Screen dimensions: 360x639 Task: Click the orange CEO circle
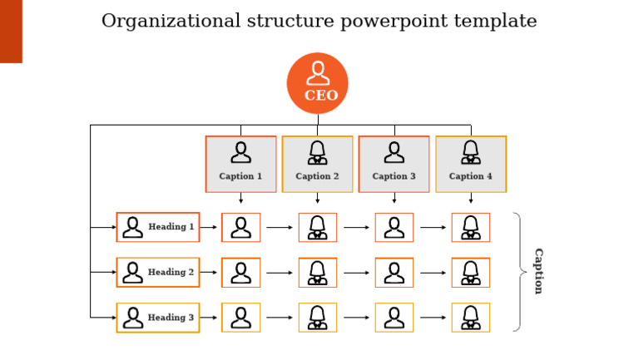[x=317, y=83]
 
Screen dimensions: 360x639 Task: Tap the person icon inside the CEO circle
[x=317, y=73]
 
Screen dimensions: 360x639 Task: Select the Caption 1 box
[x=240, y=164]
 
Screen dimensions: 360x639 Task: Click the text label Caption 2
[x=317, y=176]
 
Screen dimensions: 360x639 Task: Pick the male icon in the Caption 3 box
[x=394, y=152]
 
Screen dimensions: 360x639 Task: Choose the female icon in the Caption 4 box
[x=470, y=152]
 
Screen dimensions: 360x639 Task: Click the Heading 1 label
[x=171, y=227]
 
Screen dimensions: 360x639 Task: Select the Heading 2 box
[x=158, y=272]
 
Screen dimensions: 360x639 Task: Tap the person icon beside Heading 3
[x=132, y=318]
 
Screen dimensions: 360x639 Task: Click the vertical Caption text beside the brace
[x=538, y=271]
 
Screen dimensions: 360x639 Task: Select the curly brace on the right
[x=520, y=272]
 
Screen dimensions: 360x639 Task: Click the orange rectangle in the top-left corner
[x=11, y=31]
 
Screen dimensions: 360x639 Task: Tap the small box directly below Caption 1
[x=240, y=227]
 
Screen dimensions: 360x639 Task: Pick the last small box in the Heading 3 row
[x=470, y=318]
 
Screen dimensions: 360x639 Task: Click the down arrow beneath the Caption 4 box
[x=470, y=199]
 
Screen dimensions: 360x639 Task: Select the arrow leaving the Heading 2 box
[x=209, y=272]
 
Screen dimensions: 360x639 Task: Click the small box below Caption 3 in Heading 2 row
[x=394, y=272]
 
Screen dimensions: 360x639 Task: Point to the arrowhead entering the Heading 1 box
[x=112, y=227]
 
